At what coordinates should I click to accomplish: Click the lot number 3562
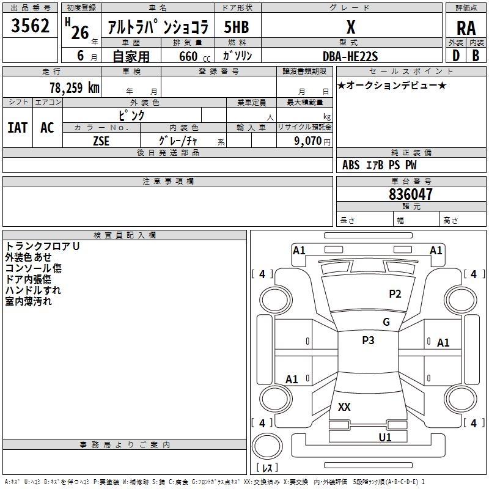[x=31, y=27]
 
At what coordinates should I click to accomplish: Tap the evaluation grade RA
[x=466, y=28]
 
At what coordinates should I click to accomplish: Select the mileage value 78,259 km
[x=74, y=87]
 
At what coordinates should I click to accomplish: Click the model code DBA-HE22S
[x=350, y=56]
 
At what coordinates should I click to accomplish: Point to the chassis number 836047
[x=411, y=194]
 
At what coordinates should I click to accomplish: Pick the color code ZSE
[x=101, y=141]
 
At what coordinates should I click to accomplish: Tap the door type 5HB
[x=237, y=27]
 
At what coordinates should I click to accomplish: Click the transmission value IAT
[x=17, y=127]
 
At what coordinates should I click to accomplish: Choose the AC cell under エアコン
[x=47, y=127]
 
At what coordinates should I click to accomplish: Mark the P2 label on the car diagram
[x=395, y=294]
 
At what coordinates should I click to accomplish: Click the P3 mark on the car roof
[x=368, y=340]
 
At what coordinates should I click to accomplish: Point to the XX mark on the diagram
[x=344, y=407]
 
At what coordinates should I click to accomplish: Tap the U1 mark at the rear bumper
[x=384, y=437]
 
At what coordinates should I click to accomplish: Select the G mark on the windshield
[x=386, y=322]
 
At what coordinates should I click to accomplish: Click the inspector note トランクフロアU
[x=43, y=246]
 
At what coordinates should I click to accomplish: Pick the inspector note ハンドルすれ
[x=33, y=290]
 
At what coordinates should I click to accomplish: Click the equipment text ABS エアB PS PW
[x=380, y=165]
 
